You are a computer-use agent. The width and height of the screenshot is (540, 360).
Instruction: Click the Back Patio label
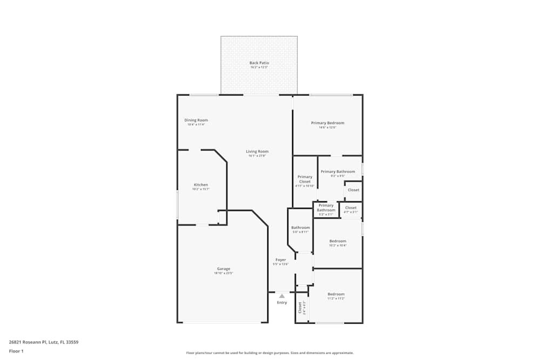259,63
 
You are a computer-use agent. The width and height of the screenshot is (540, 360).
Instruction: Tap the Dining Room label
196,120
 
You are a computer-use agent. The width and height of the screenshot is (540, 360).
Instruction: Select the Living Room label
257,152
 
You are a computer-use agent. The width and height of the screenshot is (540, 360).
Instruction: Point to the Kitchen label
201,185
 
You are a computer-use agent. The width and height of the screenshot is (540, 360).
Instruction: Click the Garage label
224,269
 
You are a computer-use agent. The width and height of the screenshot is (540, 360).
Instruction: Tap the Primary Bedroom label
327,123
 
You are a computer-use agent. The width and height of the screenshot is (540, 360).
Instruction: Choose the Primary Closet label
305,179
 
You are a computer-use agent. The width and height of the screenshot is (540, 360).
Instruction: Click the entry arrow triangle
281,296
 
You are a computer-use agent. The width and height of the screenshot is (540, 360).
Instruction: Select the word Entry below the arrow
282,302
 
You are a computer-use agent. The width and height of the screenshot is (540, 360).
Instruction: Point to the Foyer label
281,260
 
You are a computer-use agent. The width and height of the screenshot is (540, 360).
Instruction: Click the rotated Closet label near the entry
300,308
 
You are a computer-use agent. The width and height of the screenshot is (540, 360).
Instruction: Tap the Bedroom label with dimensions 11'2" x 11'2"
336,294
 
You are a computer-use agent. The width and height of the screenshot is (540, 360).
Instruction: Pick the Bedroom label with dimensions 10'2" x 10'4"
338,241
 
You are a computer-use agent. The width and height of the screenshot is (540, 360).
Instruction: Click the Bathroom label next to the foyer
301,228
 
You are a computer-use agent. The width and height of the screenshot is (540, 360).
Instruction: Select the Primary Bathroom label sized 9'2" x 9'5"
337,172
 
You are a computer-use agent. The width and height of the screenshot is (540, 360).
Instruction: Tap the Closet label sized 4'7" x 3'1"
350,208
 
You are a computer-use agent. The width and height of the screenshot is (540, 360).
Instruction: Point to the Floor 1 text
16,351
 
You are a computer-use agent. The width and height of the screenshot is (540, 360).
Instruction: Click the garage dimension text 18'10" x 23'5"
224,274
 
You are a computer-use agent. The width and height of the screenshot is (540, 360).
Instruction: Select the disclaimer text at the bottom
270,352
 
